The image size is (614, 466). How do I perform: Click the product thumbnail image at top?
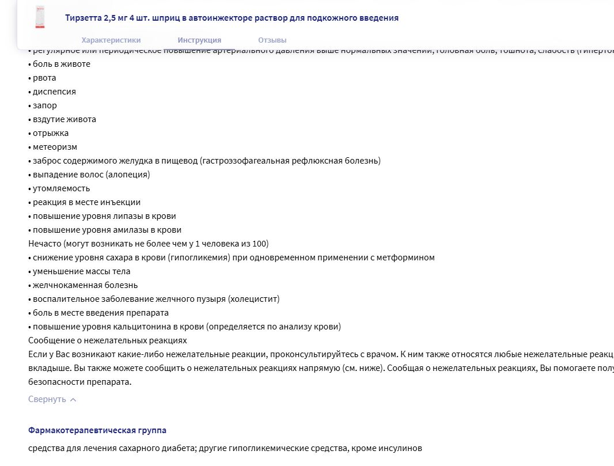(40, 17)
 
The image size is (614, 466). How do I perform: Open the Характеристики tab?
(111, 40)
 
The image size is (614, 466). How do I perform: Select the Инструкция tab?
(199, 40)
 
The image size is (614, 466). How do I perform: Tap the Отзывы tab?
(272, 40)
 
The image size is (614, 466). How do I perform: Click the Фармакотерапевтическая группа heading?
(97, 430)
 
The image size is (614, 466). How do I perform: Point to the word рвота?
(44, 78)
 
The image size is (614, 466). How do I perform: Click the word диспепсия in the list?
(54, 92)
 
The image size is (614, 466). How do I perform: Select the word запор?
(45, 105)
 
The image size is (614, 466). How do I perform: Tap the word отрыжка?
(51, 133)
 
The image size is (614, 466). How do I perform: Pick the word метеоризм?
(55, 147)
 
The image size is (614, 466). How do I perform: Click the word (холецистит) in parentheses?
(253, 299)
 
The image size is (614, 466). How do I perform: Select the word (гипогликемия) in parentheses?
(196, 257)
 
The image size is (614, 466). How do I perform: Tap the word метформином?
(406, 257)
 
